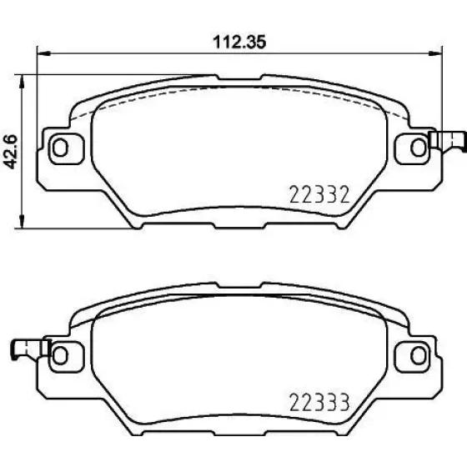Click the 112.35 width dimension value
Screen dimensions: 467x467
[x=239, y=42]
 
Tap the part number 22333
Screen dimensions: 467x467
[x=319, y=402]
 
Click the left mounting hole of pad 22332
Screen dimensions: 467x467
[x=60, y=148]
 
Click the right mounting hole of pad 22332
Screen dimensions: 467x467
[x=418, y=148]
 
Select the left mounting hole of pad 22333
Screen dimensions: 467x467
[x=60, y=355]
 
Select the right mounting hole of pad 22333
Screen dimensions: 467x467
[x=418, y=355]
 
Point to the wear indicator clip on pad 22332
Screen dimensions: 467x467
[x=447, y=141]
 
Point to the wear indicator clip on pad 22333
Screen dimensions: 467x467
[x=30, y=349]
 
